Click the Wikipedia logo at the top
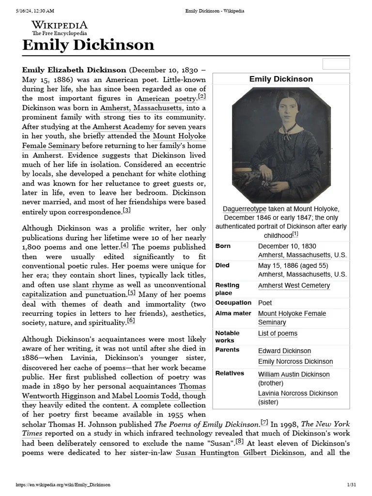[60, 28]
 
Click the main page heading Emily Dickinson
[88, 45]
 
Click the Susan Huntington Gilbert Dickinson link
[240, 453]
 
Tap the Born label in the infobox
[223, 246]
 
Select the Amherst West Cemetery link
[294, 285]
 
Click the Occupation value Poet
[265, 303]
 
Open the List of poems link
[278, 333]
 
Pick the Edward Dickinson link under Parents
[284, 351]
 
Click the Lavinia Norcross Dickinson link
[297, 393]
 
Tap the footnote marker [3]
[126, 210]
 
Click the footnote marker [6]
[130, 321]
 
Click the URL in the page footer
[63, 485]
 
